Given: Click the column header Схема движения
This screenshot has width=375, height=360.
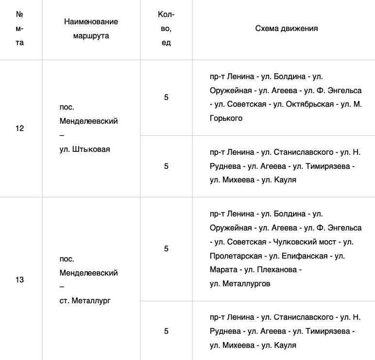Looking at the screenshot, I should (x=286, y=28).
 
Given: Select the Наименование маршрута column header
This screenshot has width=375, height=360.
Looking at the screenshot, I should (x=91, y=29).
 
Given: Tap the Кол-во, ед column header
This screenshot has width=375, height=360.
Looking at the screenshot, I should (x=166, y=28).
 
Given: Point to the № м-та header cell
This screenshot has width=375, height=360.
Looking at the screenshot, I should (x=20, y=28).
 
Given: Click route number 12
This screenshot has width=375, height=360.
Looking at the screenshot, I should (x=20, y=129).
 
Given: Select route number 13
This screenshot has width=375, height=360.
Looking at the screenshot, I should (x=20, y=280).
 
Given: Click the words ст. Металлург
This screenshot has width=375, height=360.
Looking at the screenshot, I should (x=85, y=301).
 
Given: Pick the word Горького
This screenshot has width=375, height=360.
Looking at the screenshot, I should (x=226, y=118).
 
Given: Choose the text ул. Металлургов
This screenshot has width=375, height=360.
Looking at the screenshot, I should (x=239, y=283).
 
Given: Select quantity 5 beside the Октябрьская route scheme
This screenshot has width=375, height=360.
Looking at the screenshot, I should (x=166, y=98).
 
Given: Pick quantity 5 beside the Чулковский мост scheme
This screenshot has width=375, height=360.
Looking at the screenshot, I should (x=166, y=249).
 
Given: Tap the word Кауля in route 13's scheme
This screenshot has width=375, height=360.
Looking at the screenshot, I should (x=285, y=345).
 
